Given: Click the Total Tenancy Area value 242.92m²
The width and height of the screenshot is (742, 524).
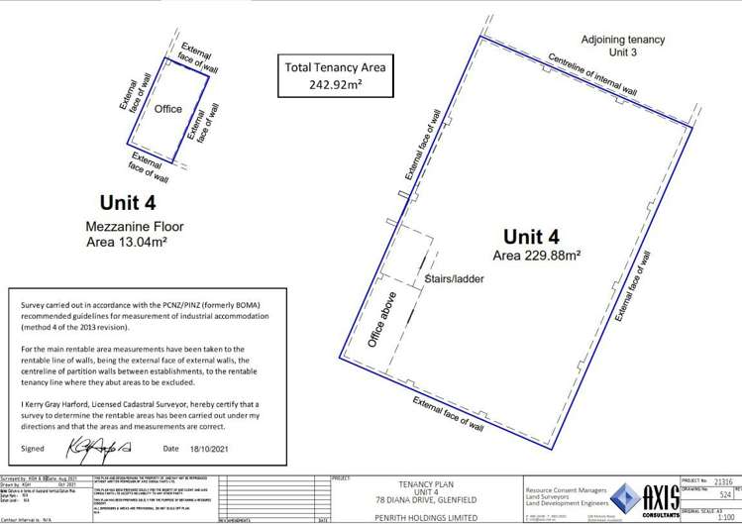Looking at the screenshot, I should click(335, 85).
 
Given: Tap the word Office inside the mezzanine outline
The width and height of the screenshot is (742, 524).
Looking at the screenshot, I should click(167, 109).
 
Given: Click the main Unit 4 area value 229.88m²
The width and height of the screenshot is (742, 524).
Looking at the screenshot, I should click(537, 255).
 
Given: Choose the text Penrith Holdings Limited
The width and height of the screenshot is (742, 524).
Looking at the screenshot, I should click(424, 514).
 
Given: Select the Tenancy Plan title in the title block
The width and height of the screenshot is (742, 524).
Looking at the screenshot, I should click(424, 481).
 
